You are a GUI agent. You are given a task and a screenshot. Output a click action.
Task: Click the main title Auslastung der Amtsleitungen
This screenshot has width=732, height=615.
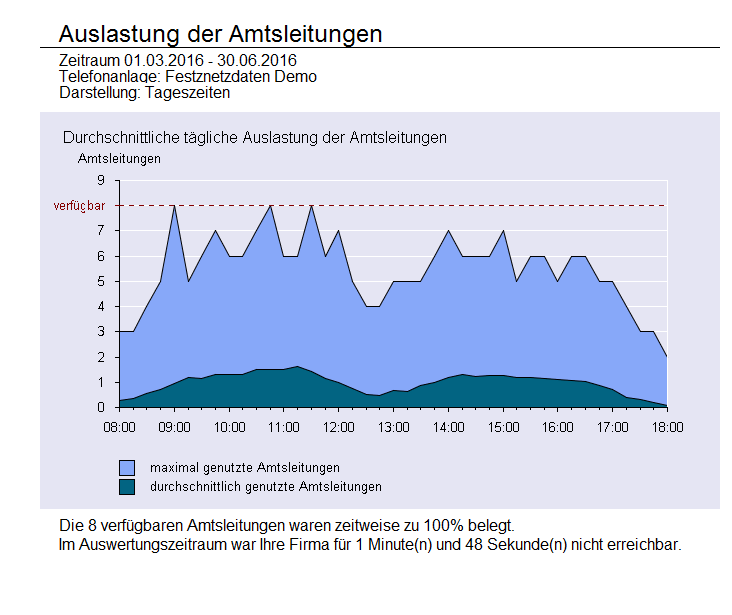(x=220, y=33)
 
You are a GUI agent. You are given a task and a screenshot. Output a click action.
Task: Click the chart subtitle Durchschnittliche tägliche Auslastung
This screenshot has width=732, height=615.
(x=254, y=137)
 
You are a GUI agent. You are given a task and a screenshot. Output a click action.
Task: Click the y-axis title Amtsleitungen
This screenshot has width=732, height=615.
(x=119, y=157)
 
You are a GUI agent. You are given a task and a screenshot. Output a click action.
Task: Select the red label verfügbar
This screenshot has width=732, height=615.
(x=79, y=206)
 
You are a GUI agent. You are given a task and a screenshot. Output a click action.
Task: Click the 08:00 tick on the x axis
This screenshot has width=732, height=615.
(x=119, y=426)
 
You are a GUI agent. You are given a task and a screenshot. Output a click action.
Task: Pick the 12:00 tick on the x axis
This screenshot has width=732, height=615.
(x=338, y=426)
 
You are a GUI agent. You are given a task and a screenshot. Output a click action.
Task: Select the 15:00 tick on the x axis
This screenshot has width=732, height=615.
(x=503, y=426)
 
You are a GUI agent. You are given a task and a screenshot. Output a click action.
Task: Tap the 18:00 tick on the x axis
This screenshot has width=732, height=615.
(x=667, y=426)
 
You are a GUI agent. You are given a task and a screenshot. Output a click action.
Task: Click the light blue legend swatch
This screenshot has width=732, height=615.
(x=127, y=467)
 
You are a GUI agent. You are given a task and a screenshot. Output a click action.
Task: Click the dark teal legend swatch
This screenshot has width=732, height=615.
(x=127, y=487)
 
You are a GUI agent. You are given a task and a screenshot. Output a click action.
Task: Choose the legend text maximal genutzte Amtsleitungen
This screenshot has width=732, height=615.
(x=245, y=467)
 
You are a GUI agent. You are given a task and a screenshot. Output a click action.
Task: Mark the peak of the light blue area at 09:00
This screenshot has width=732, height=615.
(x=174, y=206)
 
